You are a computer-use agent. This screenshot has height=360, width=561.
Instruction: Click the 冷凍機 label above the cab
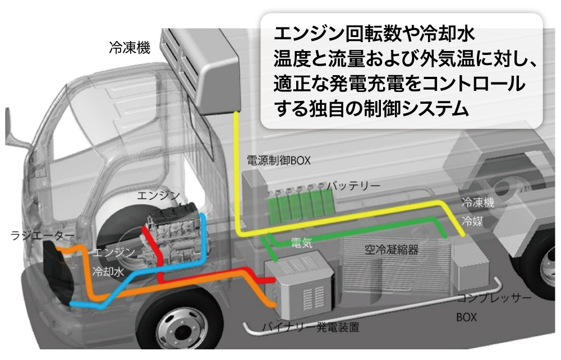[130, 48]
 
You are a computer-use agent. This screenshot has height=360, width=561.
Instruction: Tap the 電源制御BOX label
[279, 161]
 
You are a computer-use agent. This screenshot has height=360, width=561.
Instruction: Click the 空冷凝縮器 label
[391, 248]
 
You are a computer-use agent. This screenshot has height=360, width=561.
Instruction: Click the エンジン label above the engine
[159, 195]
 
